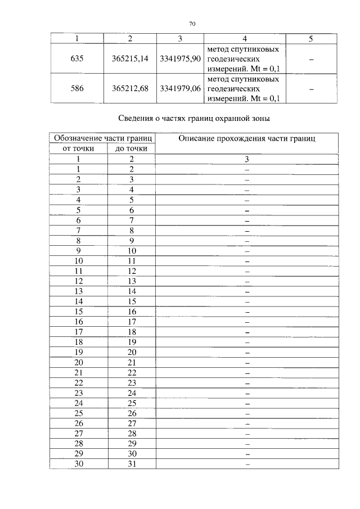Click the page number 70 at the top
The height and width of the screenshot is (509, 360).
click(x=192, y=24)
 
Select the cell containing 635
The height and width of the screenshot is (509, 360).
click(x=78, y=59)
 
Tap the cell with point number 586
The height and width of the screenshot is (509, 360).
click(x=78, y=88)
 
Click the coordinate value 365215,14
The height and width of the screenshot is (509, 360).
click(x=130, y=59)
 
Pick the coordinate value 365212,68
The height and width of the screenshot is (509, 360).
click(x=130, y=88)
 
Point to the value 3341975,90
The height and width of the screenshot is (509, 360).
click(x=180, y=59)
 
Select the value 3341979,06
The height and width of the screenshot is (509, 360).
click(x=180, y=88)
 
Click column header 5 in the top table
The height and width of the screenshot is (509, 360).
click(x=311, y=39)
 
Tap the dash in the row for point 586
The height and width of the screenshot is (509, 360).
click(x=311, y=88)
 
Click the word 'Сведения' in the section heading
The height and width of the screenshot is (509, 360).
click(x=137, y=119)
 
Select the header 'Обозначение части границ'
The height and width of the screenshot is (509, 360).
click(x=102, y=138)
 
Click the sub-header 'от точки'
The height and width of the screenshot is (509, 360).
click(x=78, y=148)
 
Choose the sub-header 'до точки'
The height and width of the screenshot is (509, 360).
click(x=132, y=148)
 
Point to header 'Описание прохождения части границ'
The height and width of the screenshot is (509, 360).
click(x=246, y=138)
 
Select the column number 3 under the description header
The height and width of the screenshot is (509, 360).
click(x=246, y=159)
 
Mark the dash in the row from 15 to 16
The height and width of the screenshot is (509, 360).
click(x=246, y=311)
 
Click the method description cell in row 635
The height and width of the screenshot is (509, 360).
click(x=244, y=59)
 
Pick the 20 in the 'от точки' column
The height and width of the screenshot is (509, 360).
click(x=78, y=362)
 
